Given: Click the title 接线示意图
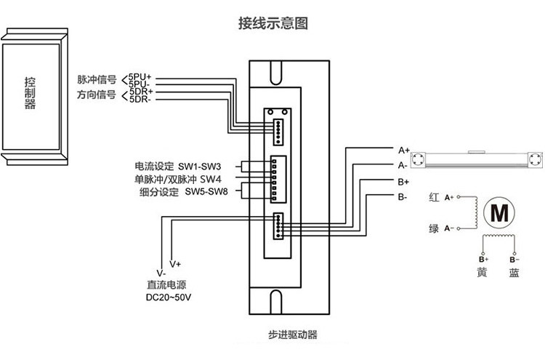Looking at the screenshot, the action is coord(272,23).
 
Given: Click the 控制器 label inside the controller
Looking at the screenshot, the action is coord(30,93).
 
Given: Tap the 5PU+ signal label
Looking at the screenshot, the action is coord(140,77).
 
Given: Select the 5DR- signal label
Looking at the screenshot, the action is coord(140,99).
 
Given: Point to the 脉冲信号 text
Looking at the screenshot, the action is coord(97,80).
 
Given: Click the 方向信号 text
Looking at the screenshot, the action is coord(96,95).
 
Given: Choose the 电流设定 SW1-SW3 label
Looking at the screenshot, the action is coord(177,167).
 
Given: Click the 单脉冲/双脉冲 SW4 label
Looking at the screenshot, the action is coord(177,179).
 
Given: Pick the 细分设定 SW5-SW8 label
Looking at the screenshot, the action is coord(184,192).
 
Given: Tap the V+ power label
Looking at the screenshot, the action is coord(175,264).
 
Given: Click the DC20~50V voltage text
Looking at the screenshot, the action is coord(169,297).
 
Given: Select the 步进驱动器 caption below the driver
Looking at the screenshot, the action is coord(293,335).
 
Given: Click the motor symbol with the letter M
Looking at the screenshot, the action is coord(499,213).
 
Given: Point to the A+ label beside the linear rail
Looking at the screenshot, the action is coord(404,151).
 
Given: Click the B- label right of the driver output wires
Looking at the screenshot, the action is coord(402,197).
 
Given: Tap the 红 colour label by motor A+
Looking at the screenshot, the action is coord(434,198).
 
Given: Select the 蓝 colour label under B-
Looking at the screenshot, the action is coord(514,273).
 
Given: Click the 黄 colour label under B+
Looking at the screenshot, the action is coord(482,272).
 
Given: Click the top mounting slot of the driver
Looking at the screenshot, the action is coord(276,72).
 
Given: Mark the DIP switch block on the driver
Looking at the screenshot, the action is coord(278,179).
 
